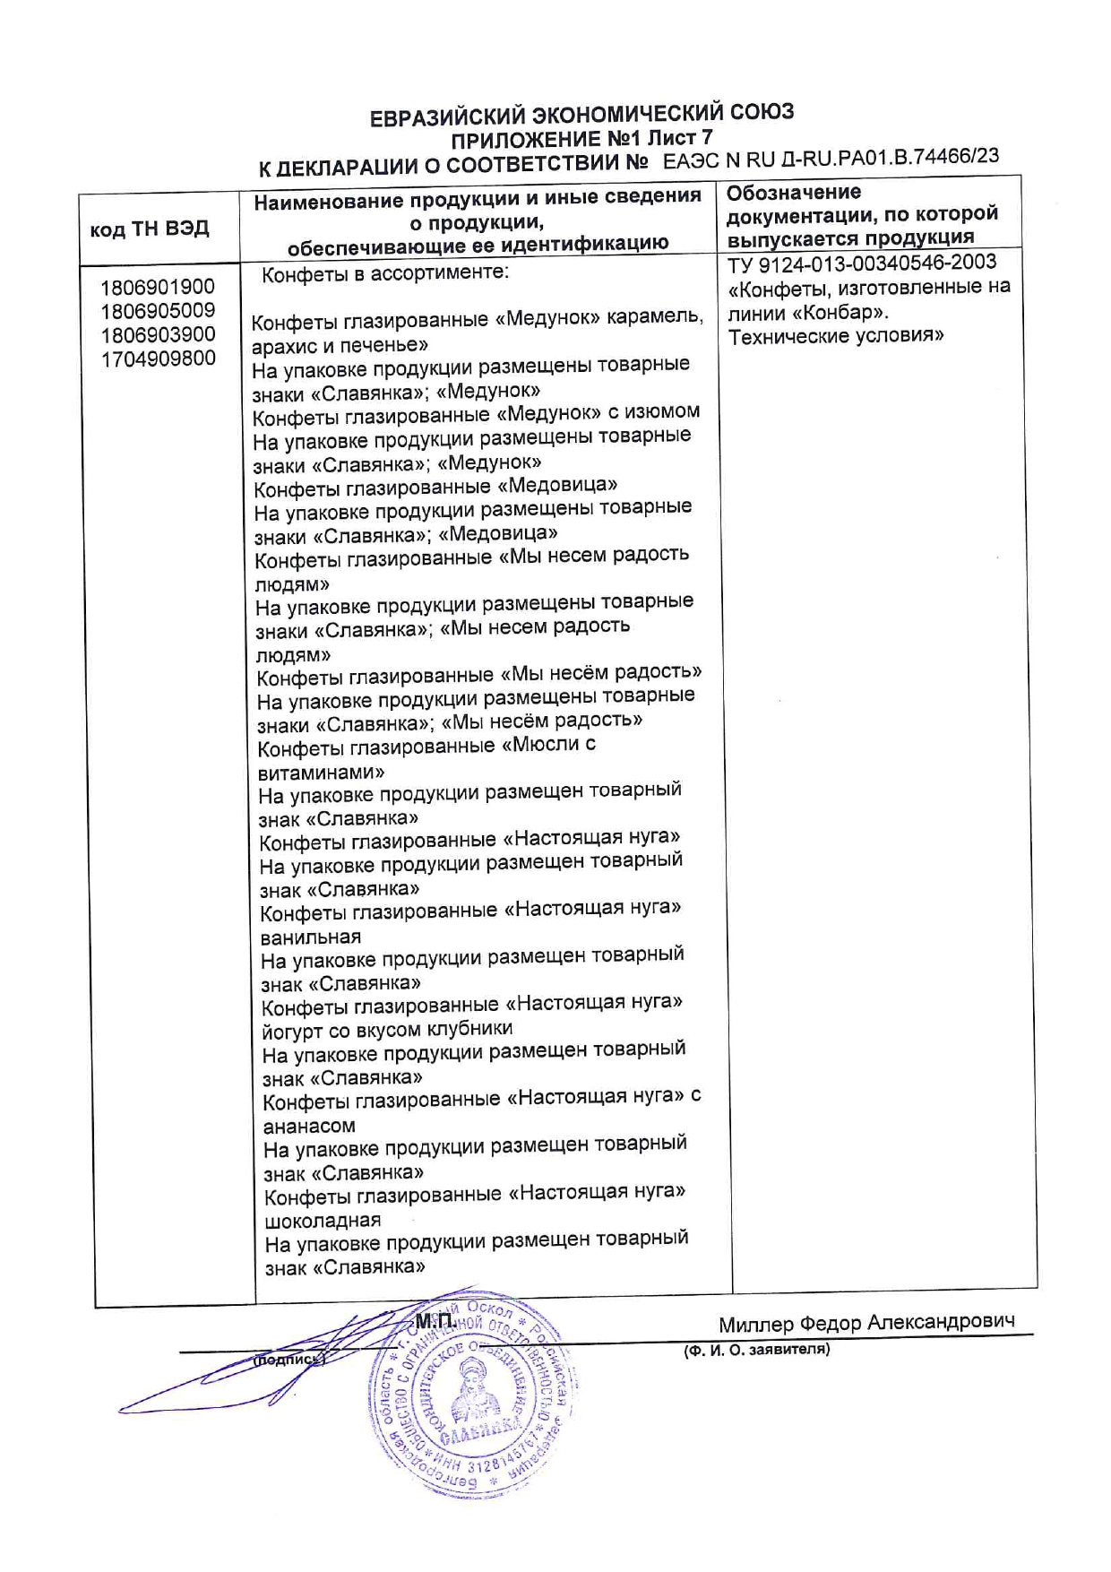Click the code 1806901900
tap(158, 288)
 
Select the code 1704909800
tap(158, 359)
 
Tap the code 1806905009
tap(158, 311)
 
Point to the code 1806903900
tap(158, 335)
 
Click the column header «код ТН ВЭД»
tap(150, 229)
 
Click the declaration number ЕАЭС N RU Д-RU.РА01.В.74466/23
tap(831, 159)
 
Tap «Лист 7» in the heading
tap(680, 138)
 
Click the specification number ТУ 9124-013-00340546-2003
tap(862, 263)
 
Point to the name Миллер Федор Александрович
tap(866, 1323)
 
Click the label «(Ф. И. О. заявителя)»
tap(756, 1350)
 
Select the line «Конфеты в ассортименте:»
tap(385, 274)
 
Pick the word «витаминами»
tap(322, 772)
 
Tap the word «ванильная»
tap(311, 937)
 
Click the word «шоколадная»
tap(323, 1221)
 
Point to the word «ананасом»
tap(309, 1126)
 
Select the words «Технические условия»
tap(836, 337)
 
